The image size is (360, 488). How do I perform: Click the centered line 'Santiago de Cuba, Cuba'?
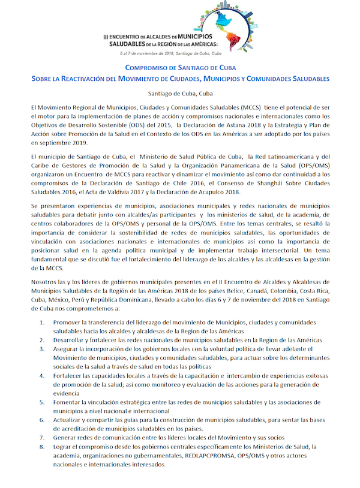[180, 93]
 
